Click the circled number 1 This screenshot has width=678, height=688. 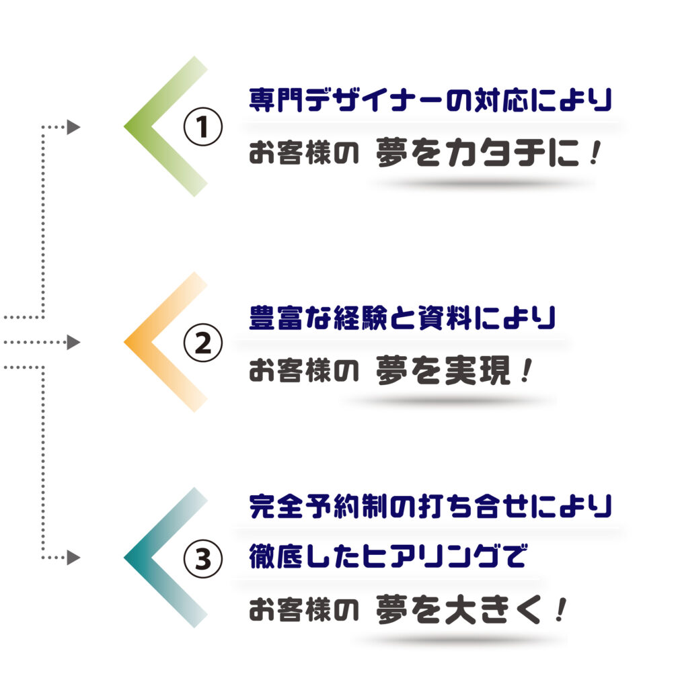(202, 126)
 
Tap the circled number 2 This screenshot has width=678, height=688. (202, 343)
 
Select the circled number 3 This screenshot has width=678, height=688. (202, 558)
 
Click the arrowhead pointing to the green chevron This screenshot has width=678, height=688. (73, 127)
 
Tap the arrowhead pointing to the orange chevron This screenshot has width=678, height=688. (73, 342)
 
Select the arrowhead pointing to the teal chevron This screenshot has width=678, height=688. (73, 558)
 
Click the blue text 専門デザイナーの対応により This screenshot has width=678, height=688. (430, 100)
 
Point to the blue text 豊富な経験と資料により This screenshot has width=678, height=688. (402, 317)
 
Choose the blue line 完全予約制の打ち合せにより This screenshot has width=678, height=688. (430, 506)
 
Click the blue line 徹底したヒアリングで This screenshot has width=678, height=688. (388, 556)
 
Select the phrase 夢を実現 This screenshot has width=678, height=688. (443, 370)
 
